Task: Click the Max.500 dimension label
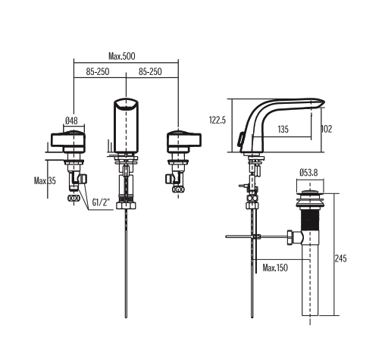[127, 56]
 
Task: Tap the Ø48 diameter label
[72, 121]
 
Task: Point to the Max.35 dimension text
[45, 181]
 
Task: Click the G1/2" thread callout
[102, 203]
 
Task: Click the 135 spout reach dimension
[282, 130]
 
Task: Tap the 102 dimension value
[327, 130]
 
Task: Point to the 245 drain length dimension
[340, 258]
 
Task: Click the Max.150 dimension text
[276, 268]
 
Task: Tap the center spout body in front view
[126, 125]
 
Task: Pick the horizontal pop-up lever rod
[243, 237]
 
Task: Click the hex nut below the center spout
[126, 205]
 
